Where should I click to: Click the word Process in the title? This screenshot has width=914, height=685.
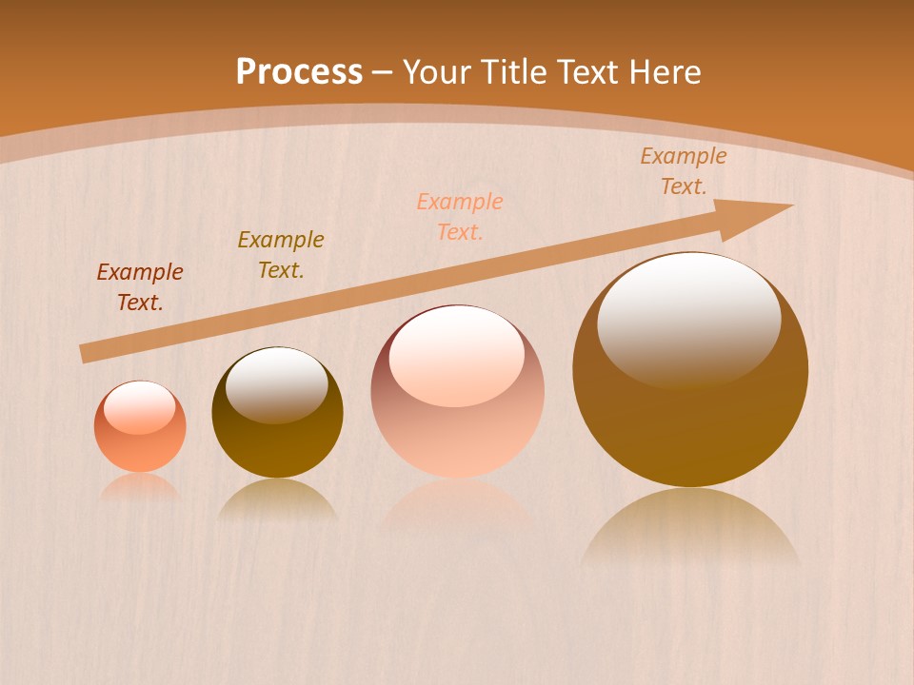pyautogui.click(x=299, y=72)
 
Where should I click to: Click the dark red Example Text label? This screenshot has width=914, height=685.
pyautogui.click(x=140, y=287)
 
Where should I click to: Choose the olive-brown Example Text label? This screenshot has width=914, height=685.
pyautogui.click(x=281, y=255)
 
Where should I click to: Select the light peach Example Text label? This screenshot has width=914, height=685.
pyautogui.click(x=460, y=217)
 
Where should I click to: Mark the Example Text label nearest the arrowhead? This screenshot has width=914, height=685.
pyautogui.click(x=684, y=171)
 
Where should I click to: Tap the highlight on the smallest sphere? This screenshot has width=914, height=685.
pyautogui.click(x=139, y=407)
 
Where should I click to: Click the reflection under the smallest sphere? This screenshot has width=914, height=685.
pyautogui.click(x=140, y=487)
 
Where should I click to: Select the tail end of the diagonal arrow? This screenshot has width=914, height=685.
pyautogui.click(x=86, y=354)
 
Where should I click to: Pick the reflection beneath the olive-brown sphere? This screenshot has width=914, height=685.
pyautogui.click(x=277, y=499)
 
